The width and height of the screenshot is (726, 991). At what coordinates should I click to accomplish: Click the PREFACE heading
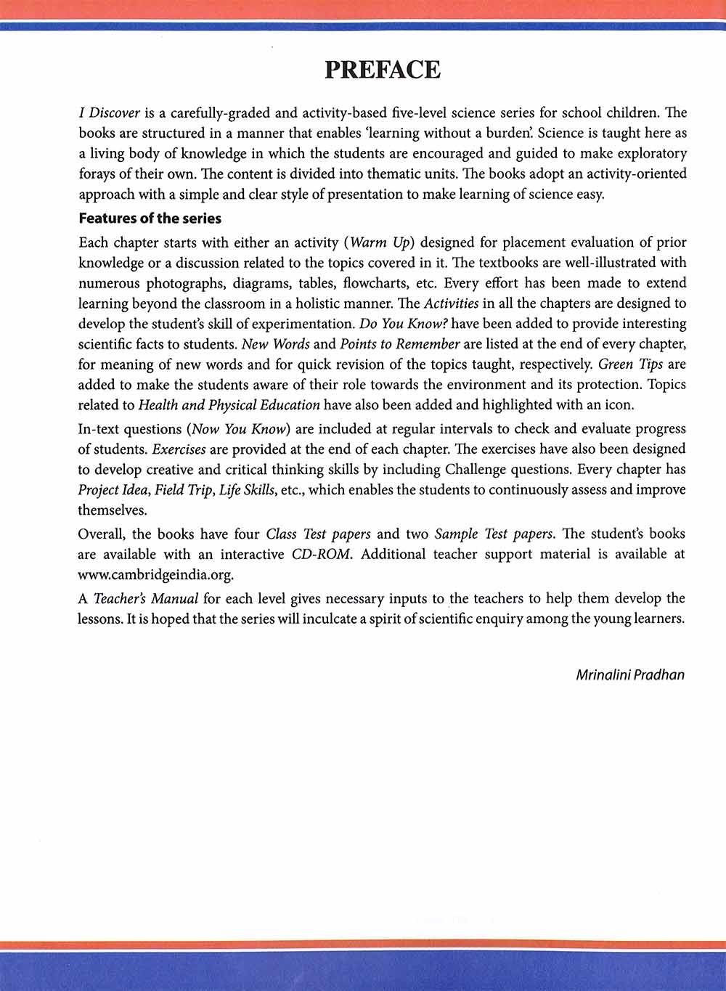coord(382,70)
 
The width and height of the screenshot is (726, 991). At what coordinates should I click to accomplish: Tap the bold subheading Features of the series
coord(150,218)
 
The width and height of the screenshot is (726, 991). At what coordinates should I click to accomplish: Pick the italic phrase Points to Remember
coord(400,343)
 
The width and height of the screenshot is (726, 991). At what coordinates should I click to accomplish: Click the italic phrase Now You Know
coord(238,428)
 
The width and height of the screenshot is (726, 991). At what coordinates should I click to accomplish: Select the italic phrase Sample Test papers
coord(494,534)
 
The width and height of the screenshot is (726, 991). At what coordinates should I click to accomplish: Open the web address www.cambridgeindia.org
coord(155,574)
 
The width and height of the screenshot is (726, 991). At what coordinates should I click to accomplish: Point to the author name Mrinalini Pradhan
coord(629,674)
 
